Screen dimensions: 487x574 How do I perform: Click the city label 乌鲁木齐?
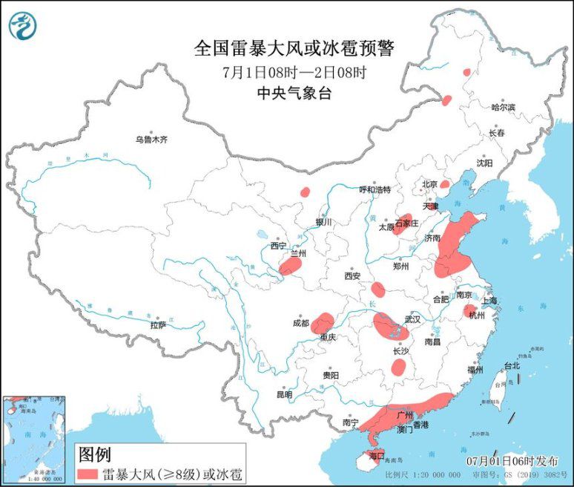click(x=151, y=139)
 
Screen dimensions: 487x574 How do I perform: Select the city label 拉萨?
click(x=158, y=324)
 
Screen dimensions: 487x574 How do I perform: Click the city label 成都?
click(x=300, y=323)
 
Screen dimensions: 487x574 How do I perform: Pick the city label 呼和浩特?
click(x=375, y=189)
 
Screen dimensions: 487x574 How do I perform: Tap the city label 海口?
click(x=376, y=454)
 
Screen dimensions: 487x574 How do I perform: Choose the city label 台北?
click(x=512, y=365)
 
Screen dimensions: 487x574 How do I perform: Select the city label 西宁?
click(x=279, y=246)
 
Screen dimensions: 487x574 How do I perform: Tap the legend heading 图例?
click(x=95, y=453)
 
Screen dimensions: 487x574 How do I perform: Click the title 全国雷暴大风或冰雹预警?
click(x=294, y=49)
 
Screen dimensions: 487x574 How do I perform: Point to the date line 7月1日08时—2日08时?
click(x=294, y=73)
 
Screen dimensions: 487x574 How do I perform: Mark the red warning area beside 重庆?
click(x=323, y=323)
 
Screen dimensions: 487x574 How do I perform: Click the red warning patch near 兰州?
click(x=291, y=266)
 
